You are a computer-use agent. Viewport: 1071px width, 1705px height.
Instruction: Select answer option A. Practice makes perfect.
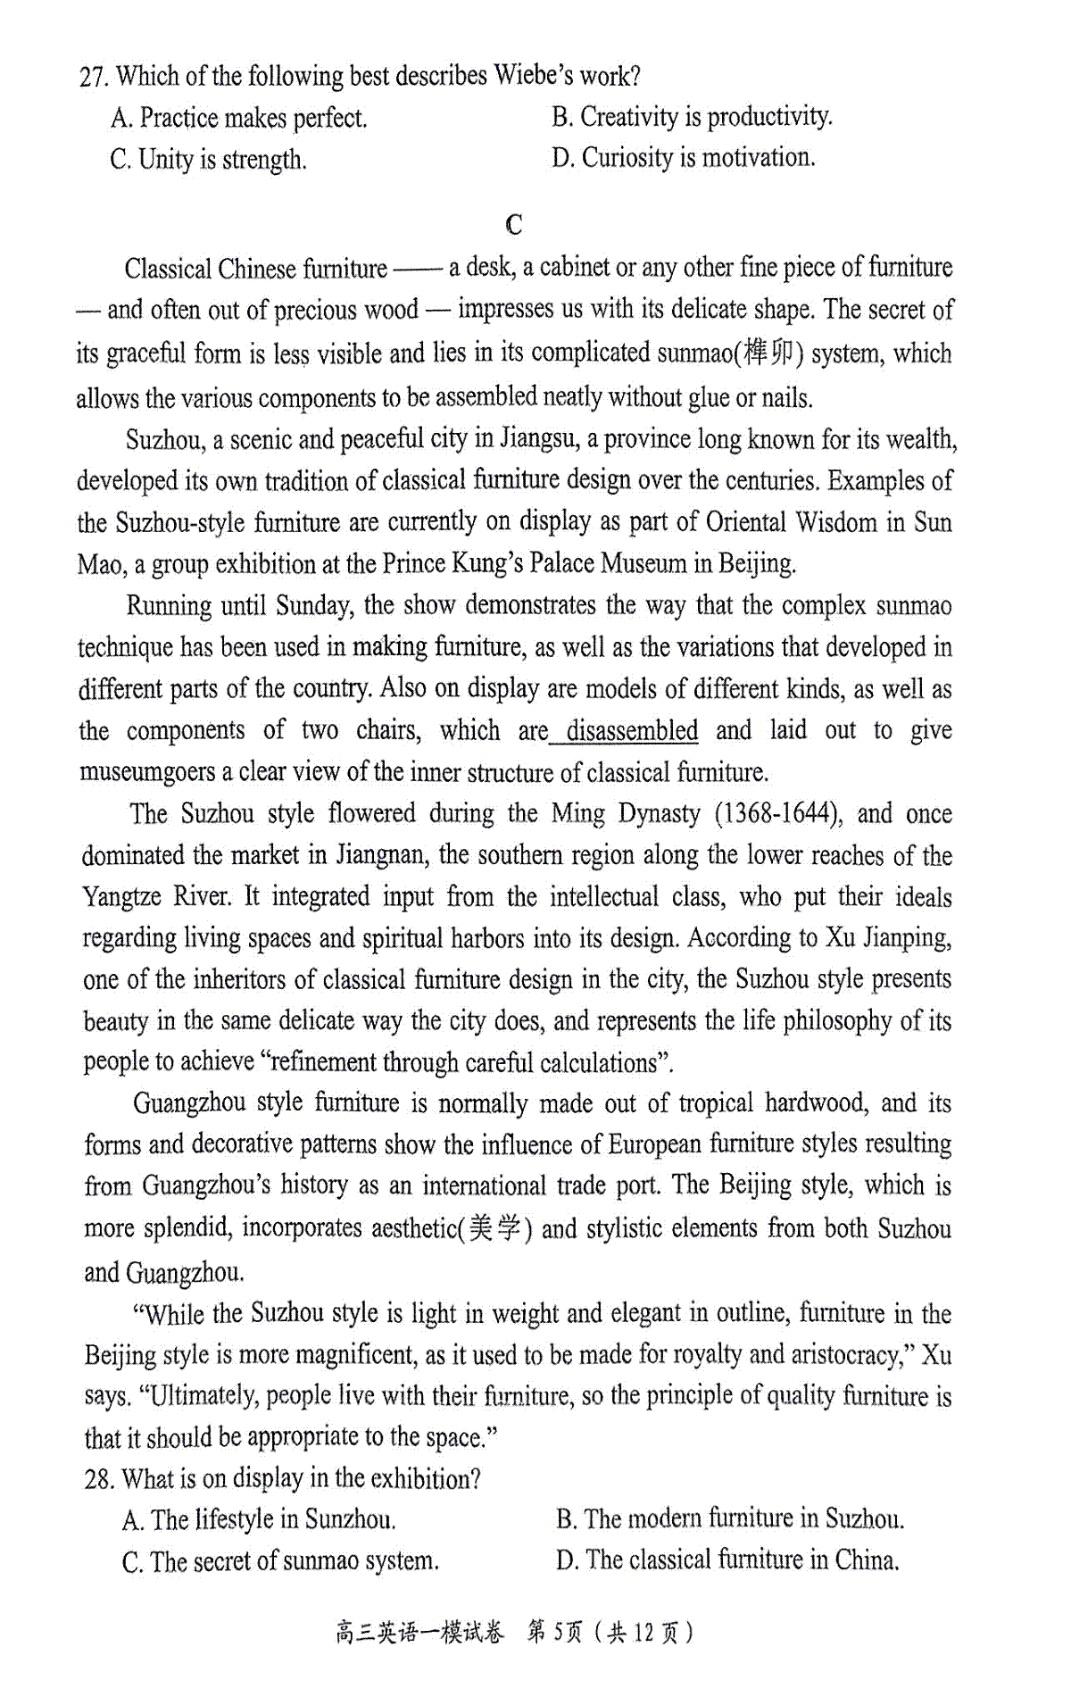click(x=239, y=118)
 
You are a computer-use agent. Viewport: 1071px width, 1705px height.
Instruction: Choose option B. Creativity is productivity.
click(x=692, y=116)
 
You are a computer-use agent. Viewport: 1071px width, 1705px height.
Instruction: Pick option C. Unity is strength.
click(x=208, y=160)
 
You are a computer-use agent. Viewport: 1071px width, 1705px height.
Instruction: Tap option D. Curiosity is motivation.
click(x=683, y=158)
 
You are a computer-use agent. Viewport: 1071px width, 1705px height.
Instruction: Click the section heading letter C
click(x=514, y=224)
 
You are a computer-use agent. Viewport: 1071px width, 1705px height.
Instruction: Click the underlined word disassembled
click(x=632, y=730)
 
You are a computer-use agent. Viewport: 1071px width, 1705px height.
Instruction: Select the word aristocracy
click(x=843, y=1355)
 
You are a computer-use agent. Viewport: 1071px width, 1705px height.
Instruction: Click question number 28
click(x=99, y=1479)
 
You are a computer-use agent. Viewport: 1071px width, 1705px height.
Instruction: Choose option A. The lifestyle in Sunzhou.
click(x=259, y=1519)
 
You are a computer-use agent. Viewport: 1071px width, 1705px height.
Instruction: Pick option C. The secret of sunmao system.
click(x=280, y=1561)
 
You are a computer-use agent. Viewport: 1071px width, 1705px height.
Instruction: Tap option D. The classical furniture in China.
click(x=726, y=1560)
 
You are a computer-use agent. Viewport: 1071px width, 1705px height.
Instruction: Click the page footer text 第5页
click(x=554, y=1633)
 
